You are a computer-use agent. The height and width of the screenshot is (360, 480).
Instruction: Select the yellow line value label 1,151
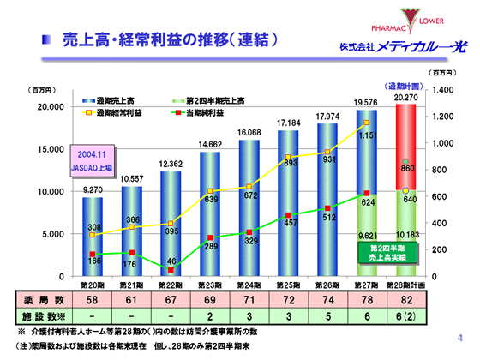367,135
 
